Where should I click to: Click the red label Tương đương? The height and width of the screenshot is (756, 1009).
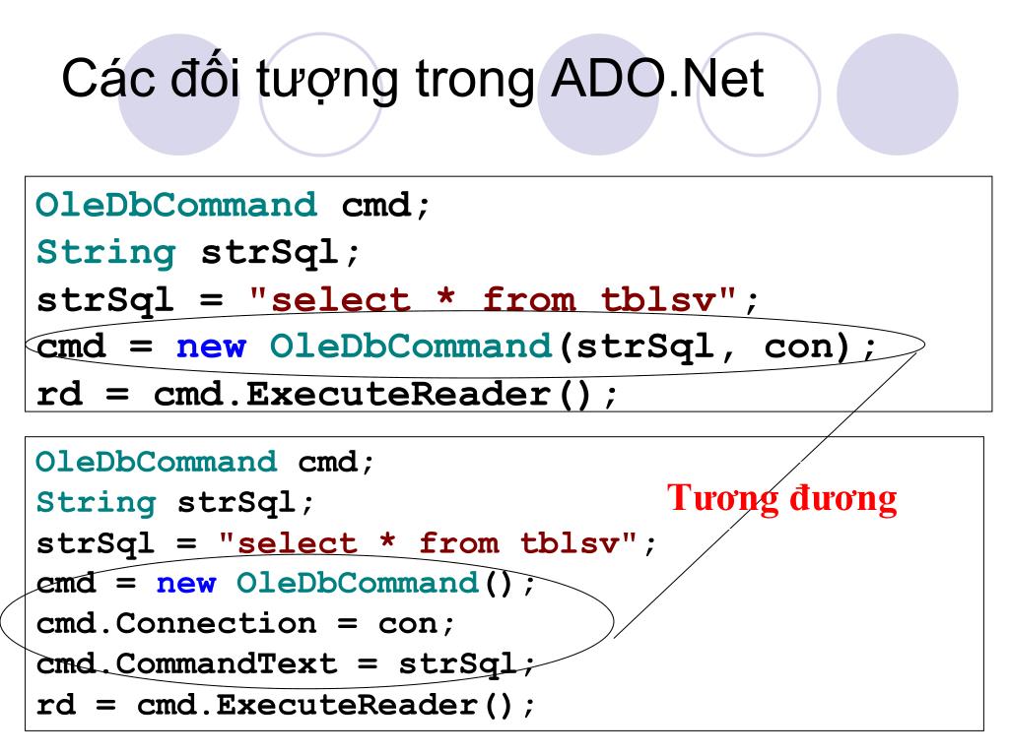coord(782,499)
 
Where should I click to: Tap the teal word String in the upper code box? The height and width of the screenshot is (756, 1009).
coord(105,253)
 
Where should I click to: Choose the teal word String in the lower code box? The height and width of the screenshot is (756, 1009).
coord(96,503)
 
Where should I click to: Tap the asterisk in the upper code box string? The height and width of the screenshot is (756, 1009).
coord(447,300)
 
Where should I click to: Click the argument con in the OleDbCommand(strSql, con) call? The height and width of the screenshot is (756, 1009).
coord(799,346)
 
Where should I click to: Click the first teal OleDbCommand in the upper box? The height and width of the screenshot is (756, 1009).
coord(176,206)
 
